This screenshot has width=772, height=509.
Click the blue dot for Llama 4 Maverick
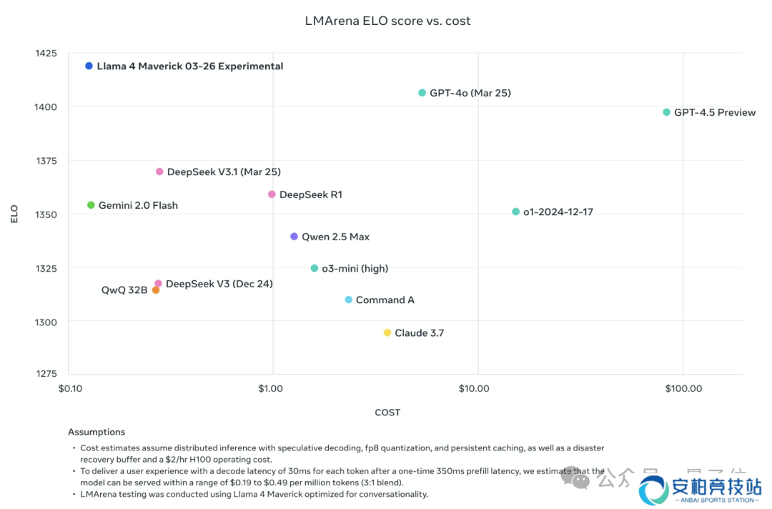point(89,66)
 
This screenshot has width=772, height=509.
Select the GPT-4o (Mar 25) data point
point(422,93)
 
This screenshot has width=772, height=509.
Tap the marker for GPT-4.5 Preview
point(667,112)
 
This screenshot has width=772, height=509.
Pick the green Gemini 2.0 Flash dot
point(91,205)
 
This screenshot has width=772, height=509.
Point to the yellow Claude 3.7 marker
point(387,333)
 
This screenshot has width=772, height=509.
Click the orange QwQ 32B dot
point(156,290)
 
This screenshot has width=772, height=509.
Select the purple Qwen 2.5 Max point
point(294,237)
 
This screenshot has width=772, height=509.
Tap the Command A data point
point(349,300)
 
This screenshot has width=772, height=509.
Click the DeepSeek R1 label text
point(311,194)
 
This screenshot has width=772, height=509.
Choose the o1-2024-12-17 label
point(558,212)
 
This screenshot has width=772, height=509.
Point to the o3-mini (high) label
point(355,269)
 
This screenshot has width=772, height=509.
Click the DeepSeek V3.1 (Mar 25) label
point(224,172)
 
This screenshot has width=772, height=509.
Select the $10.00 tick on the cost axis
point(473,388)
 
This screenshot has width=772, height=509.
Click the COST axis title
point(387,412)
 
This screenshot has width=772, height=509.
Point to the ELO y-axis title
point(14,214)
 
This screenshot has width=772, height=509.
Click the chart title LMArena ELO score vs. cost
point(387,21)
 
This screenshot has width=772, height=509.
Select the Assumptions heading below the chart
point(96,432)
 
